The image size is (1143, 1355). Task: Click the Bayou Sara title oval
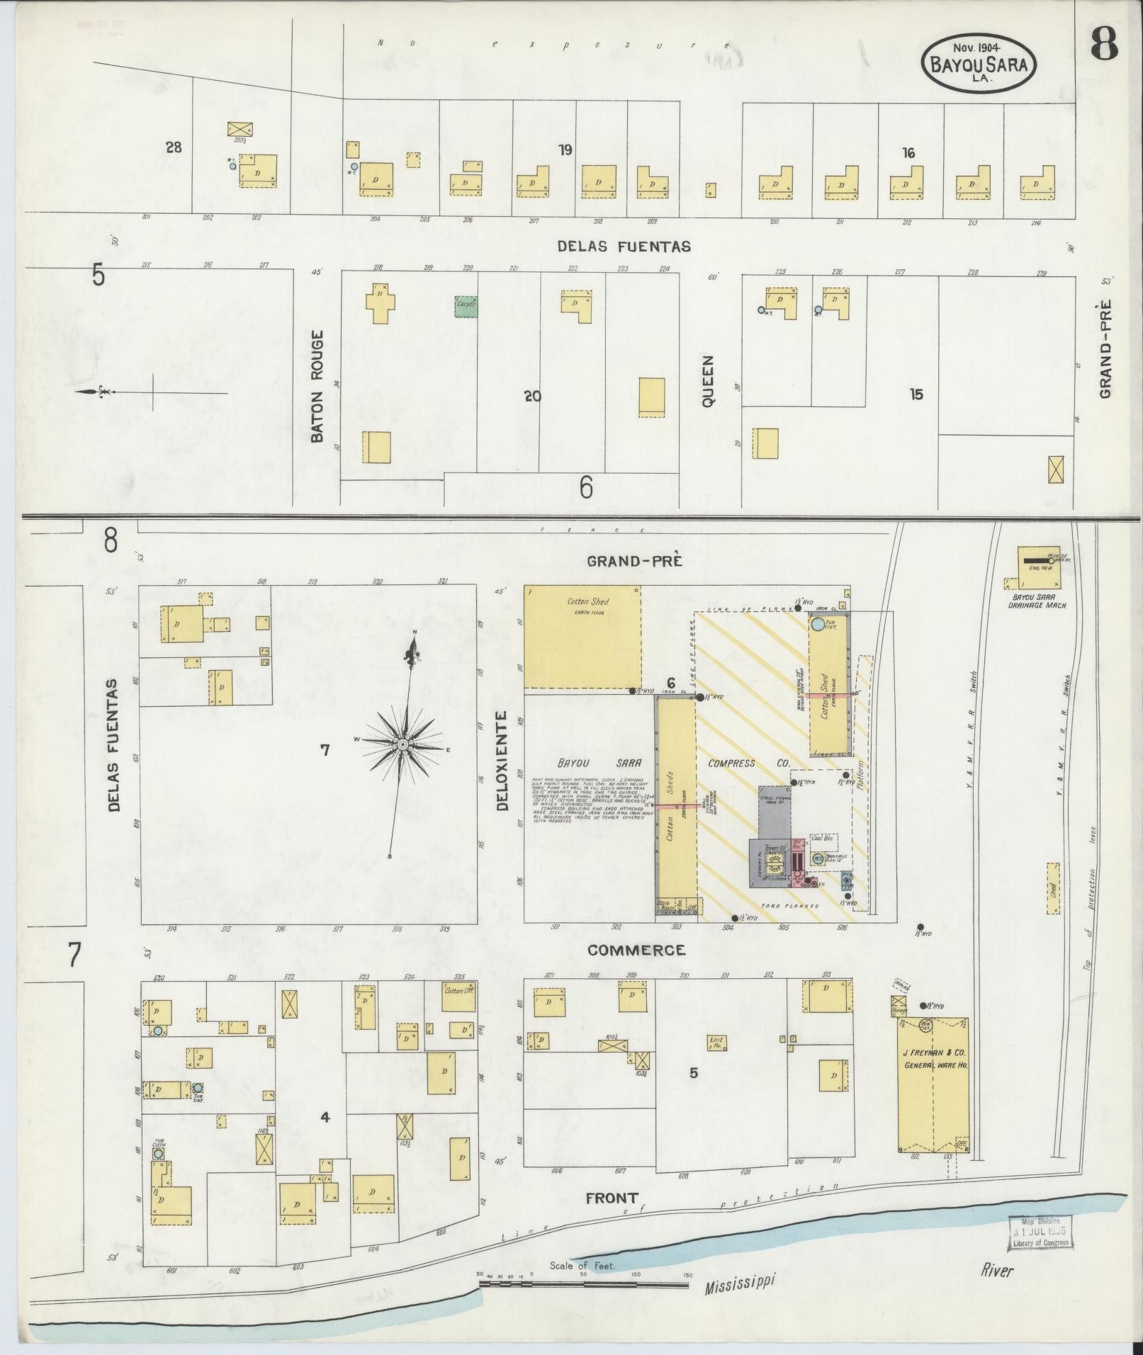pos(978,64)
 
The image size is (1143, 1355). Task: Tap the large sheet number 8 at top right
pos(1105,43)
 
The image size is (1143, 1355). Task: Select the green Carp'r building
pos(466,305)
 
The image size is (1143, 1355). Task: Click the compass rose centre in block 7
pos(402,744)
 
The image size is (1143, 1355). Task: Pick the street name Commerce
pos(636,950)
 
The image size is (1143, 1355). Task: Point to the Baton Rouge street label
pos(317,385)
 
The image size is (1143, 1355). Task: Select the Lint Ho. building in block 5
pos(716,1043)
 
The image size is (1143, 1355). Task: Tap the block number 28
pos(173,147)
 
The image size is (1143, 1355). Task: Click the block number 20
pos(532,396)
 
